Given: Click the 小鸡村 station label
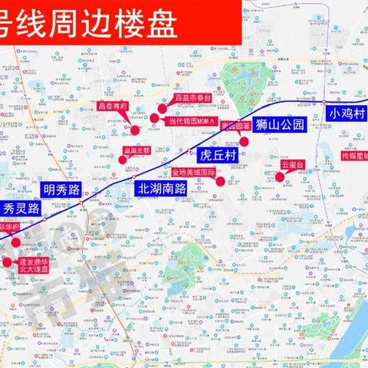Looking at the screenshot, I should coord(347,113).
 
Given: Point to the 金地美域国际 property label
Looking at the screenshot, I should coord(194,173).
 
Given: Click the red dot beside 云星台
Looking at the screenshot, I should coord(280,177).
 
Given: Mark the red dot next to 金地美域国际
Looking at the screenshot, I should coord(221,182).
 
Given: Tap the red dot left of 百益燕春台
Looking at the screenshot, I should coord(163,108).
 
